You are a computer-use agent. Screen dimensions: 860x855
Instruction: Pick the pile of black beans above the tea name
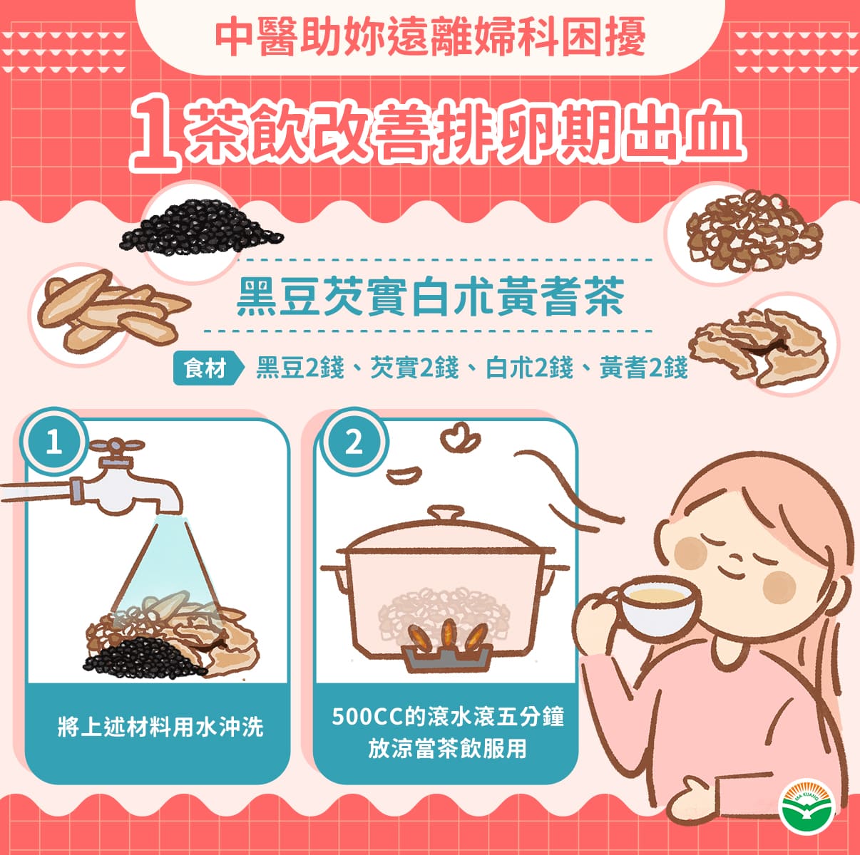201,227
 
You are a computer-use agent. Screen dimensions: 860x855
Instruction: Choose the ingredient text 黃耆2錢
643,368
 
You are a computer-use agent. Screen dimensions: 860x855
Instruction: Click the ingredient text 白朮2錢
529,368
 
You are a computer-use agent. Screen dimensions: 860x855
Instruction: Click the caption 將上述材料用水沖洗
160,727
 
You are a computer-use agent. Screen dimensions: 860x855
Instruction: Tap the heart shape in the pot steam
460,437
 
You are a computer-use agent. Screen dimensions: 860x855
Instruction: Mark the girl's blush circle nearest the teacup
779,588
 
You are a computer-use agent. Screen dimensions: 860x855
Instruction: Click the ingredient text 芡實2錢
414,368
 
